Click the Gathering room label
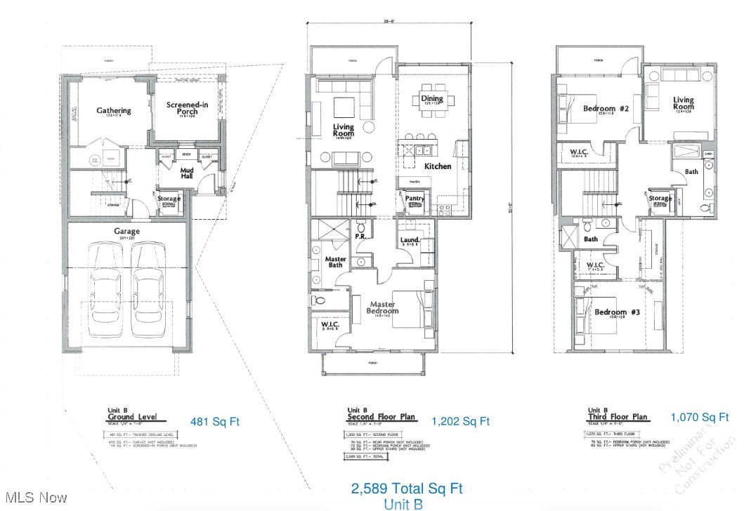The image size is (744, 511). pos(114,110)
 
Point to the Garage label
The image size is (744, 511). pos(127,231)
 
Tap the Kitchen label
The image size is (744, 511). pos(438,166)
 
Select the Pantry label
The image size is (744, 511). pos(415,199)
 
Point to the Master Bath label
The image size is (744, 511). pos(336,263)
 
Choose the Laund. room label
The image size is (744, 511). pos(410,240)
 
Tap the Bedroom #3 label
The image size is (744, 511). pos(611,312)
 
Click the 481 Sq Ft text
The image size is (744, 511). pos(215,421)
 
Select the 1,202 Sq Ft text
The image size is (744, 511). pos(460,421)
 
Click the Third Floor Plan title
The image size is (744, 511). pos(618,417)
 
